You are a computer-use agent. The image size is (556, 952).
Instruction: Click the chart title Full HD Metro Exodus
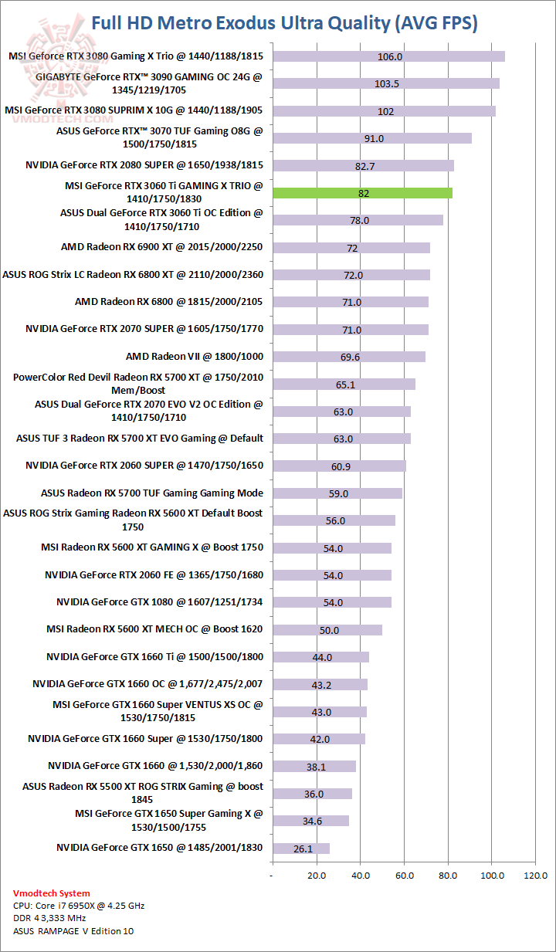tap(284, 23)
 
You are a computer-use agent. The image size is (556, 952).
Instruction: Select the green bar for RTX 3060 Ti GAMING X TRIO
tap(361, 193)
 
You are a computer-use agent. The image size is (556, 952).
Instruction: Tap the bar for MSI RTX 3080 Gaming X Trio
tap(388, 56)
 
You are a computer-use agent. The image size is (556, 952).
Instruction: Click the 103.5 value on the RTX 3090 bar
tap(386, 83)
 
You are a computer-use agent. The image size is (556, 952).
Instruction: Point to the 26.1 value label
tap(303, 849)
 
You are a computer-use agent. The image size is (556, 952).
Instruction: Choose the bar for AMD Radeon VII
tap(348, 357)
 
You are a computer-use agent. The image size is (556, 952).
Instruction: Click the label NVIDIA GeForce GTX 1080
tap(159, 602)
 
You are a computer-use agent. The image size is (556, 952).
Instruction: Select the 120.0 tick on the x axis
tap(536, 876)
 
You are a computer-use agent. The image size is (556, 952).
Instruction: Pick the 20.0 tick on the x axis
tap(317, 876)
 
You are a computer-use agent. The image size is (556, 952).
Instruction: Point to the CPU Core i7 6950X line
tap(79, 906)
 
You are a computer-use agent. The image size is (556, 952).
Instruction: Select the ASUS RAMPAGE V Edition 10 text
tap(73, 931)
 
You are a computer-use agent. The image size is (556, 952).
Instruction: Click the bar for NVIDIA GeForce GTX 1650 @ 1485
tap(301, 849)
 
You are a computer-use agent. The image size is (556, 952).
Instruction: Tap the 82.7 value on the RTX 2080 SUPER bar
tap(365, 166)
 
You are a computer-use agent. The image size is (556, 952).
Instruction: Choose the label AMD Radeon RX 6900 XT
tap(162, 247)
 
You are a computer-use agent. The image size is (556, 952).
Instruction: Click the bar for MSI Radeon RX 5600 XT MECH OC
tap(327, 630)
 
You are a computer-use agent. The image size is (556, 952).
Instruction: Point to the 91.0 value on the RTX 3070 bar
tap(374, 138)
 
